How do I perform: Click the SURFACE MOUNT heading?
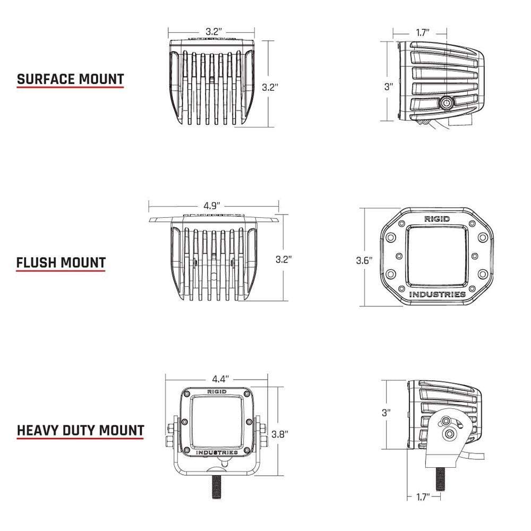point(70,79)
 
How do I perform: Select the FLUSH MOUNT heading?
point(61,262)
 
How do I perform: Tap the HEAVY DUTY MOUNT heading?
point(80,430)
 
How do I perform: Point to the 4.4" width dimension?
point(220,379)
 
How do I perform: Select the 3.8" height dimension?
point(279,433)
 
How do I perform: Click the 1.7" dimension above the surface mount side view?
point(423,33)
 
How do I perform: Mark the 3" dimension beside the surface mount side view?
point(389,87)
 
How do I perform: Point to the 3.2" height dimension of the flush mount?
point(284,259)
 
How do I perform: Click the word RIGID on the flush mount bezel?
point(436,219)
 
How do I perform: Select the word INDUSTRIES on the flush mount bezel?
point(437,294)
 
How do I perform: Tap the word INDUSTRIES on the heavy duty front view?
point(217,452)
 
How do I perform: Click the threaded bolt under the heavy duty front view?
point(217,485)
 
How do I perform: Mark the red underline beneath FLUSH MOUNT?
point(61,271)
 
